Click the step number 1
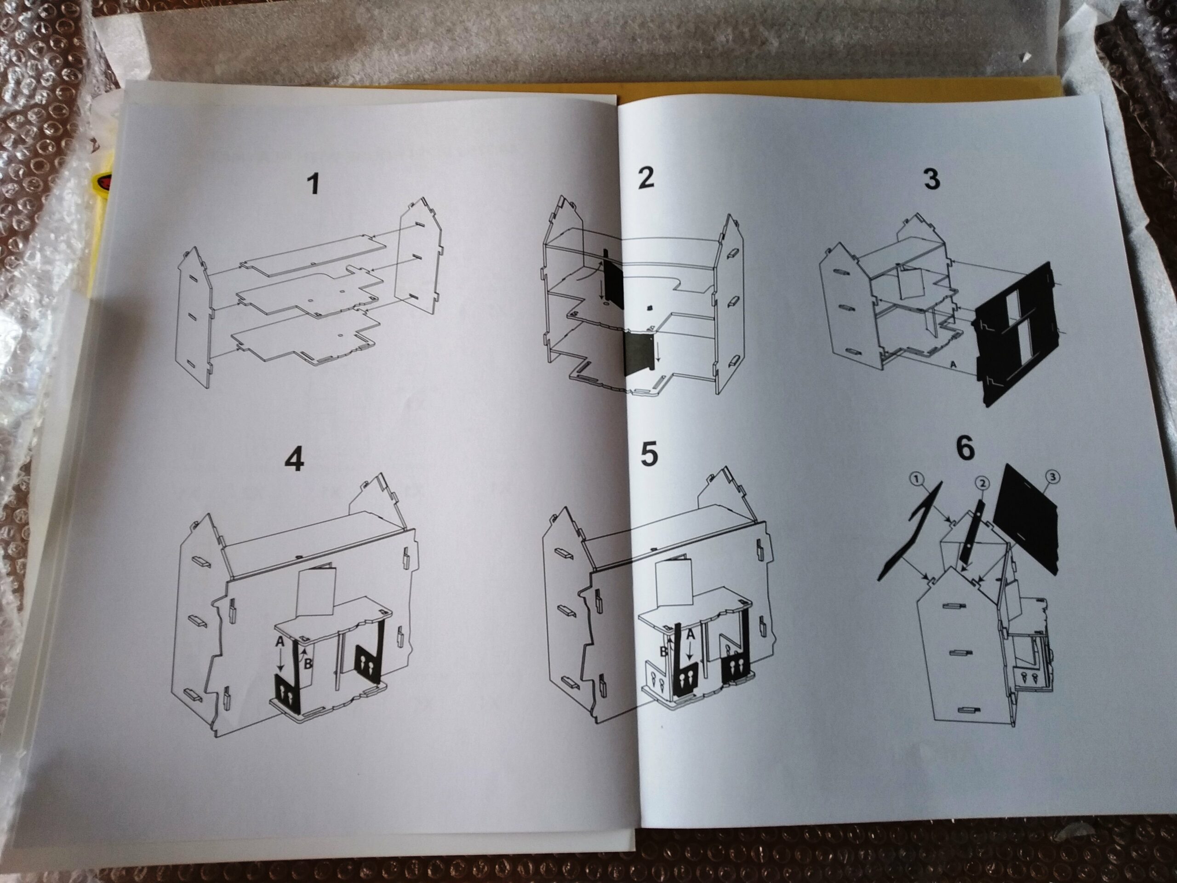point(314,183)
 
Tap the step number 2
point(646,177)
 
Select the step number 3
point(931,178)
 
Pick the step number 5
point(649,454)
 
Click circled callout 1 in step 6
point(916,480)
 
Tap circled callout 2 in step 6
point(982,483)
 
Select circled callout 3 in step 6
point(1051,477)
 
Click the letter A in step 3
point(953,365)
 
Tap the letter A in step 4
point(280,642)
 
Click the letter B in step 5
point(663,652)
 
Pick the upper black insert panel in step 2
point(613,278)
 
